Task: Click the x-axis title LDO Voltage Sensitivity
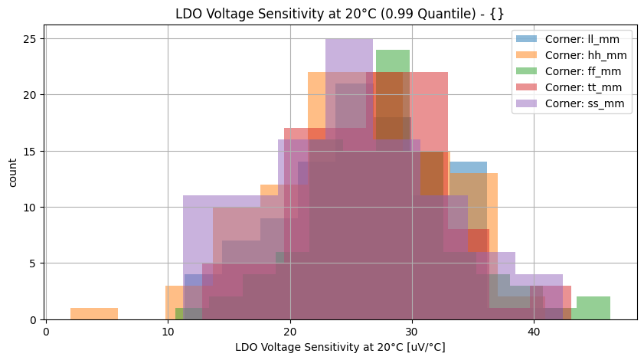[x=340, y=347]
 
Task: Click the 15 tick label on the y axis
[x=34, y=151]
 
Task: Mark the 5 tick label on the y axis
[x=36, y=263]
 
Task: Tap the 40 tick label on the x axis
[x=534, y=332]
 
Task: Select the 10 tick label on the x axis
[x=168, y=332]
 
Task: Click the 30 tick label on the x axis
[x=412, y=332]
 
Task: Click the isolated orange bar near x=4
[x=93, y=314]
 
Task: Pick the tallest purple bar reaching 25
[x=349, y=77]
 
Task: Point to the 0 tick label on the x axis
[x=46, y=332]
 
